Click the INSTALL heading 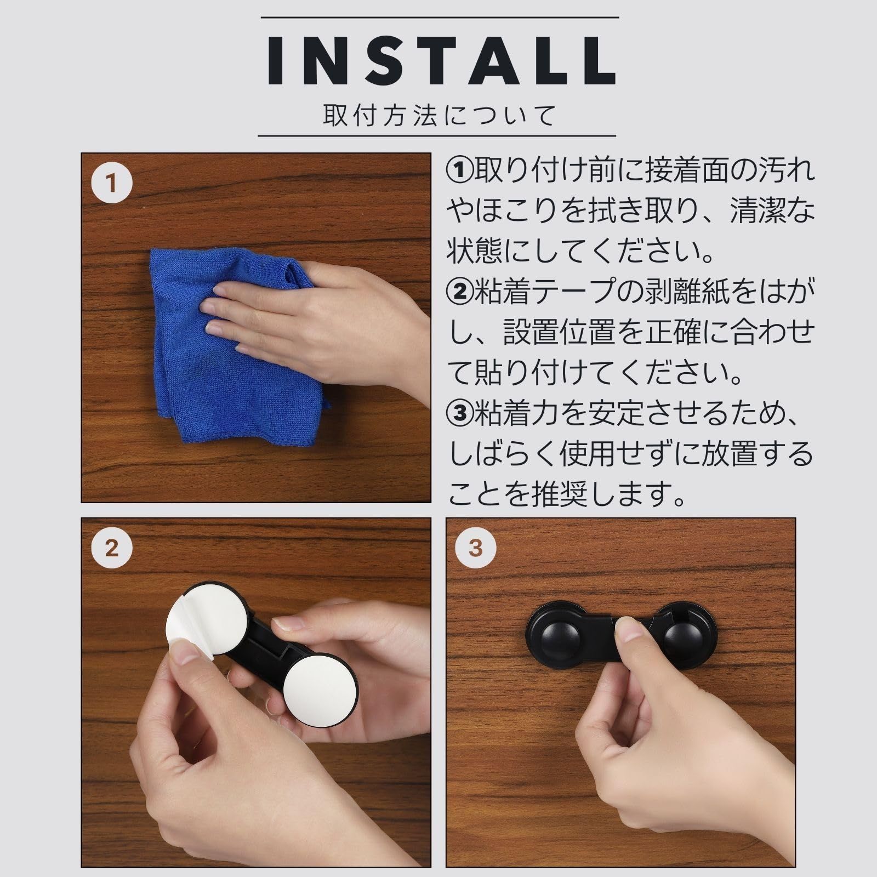pyautogui.click(x=442, y=61)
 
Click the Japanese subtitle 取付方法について pyautogui.click(x=440, y=116)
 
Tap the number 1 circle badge pyautogui.click(x=112, y=183)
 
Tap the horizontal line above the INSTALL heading pyautogui.click(x=440, y=18)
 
